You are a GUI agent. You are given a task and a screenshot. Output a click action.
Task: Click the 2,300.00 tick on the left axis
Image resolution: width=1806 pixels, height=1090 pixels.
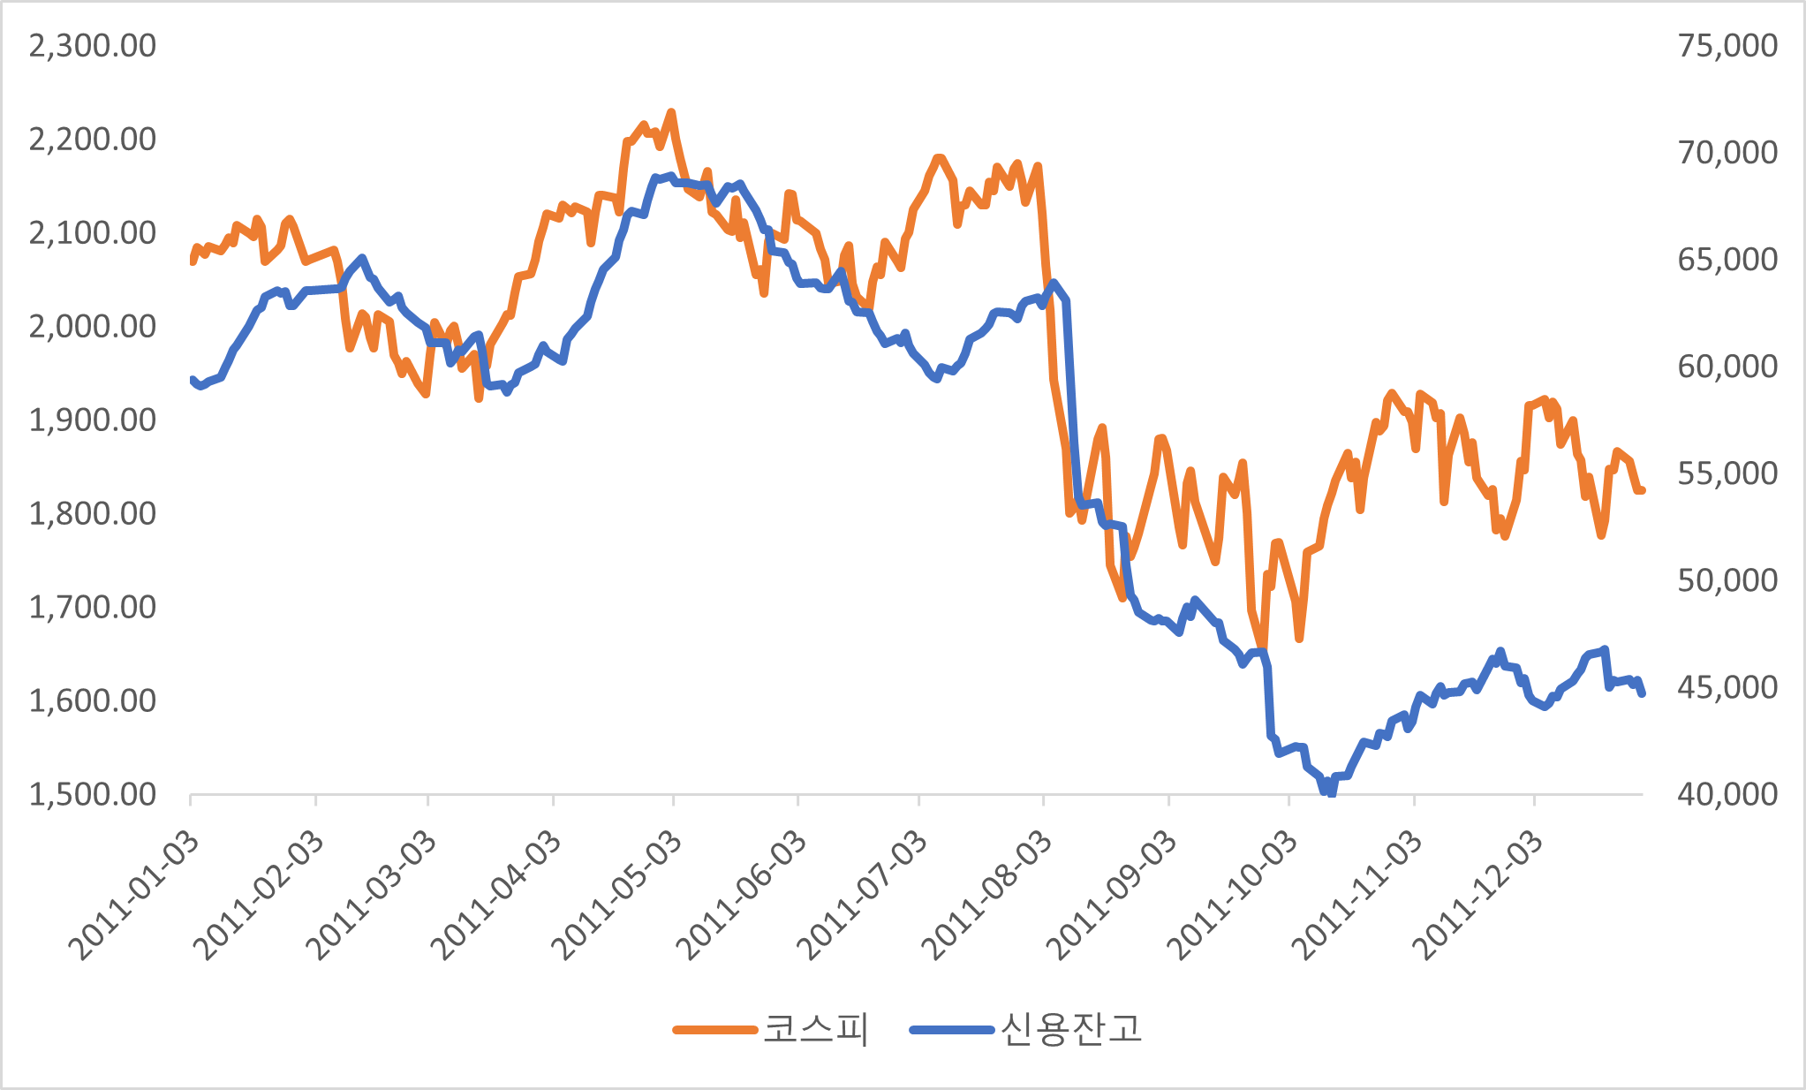coord(92,46)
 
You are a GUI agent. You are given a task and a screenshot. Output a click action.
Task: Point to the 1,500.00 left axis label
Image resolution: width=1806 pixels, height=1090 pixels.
coord(92,795)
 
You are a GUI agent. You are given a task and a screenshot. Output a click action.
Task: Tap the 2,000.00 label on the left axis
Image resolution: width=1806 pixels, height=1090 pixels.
coord(92,327)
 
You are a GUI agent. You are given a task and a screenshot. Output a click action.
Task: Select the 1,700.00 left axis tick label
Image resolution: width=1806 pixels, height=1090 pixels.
coord(92,608)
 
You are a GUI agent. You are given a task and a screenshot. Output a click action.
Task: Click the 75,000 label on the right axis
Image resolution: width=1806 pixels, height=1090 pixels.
coord(1727,46)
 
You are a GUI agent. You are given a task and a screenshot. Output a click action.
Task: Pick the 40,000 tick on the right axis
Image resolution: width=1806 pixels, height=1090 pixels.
coord(1727,795)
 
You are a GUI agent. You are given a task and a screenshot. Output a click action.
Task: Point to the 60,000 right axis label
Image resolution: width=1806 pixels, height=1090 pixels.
coord(1727,367)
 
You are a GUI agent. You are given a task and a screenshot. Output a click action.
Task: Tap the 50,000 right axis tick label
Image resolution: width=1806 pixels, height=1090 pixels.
coord(1727,581)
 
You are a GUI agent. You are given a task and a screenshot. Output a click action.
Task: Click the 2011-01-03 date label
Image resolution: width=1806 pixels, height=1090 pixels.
coord(134,897)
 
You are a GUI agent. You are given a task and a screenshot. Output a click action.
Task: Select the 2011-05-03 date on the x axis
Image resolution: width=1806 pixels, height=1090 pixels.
coord(616,897)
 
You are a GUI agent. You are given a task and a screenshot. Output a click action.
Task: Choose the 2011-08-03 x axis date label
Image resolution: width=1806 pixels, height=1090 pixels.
coord(986,897)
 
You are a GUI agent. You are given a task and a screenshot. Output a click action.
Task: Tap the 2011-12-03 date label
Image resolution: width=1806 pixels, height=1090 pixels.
coord(1477,897)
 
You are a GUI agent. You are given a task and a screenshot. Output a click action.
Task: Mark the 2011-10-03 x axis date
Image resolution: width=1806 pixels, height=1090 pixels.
coord(1233,897)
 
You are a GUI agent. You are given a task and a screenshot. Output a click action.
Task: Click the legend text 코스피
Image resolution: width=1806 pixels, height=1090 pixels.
coord(816,1029)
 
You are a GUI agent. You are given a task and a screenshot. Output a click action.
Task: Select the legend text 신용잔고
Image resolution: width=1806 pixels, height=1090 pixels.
coord(1071,1029)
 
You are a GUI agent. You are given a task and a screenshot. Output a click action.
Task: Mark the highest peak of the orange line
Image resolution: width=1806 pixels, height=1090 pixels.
coord(671,112)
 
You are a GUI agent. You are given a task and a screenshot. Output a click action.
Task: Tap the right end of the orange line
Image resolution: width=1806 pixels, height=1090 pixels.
coord(1642,490)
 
